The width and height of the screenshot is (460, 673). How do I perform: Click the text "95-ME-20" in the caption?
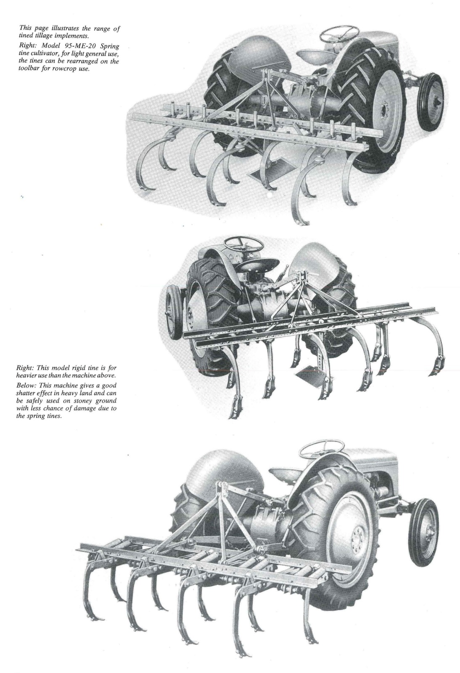82,46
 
